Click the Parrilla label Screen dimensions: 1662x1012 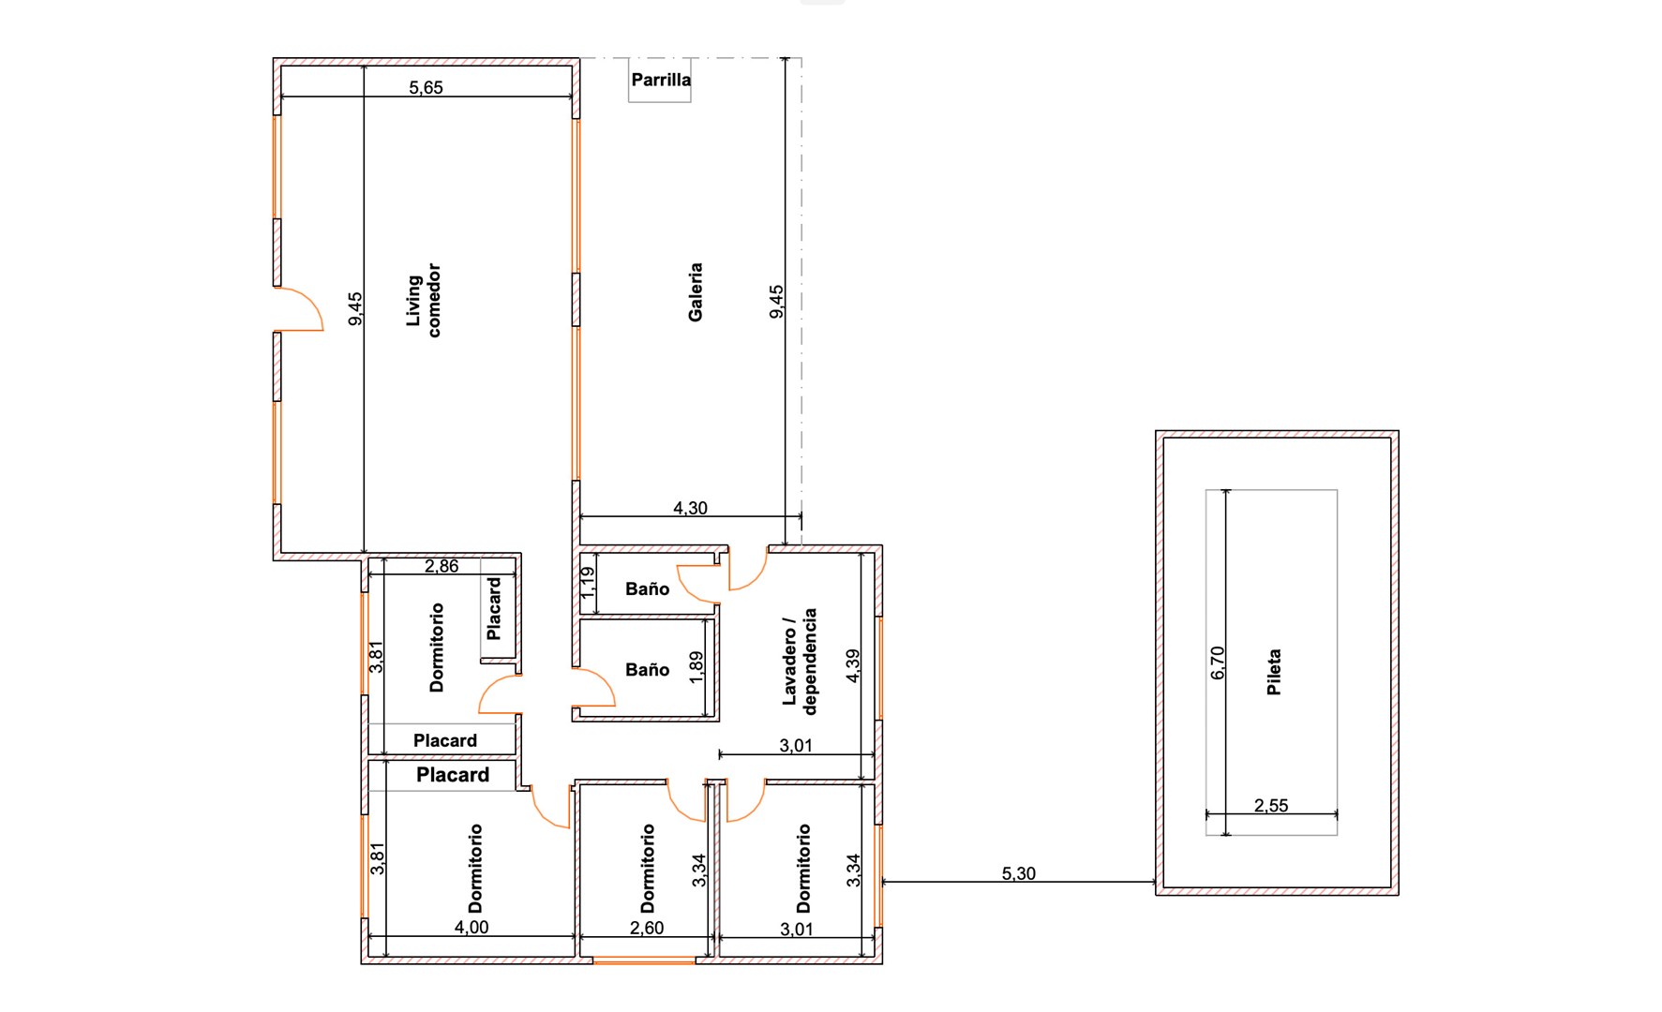(x=661, y=80)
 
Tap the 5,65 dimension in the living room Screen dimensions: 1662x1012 (x=426, y=87)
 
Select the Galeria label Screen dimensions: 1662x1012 (x=696, y=292)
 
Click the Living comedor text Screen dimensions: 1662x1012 (x=423, y=300)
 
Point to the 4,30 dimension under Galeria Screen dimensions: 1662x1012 (x=690, y=508)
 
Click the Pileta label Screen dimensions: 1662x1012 (x=1274, y=672)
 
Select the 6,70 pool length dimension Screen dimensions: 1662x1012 (x=1218, y=662)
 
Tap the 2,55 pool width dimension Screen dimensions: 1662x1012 (x=1271, y=805)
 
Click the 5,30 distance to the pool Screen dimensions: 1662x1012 (x=1019, y=873)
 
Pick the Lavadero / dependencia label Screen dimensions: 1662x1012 (x=800, y=662)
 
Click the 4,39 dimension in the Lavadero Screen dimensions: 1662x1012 (x=852, y=665)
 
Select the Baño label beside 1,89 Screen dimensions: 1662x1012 (x=647, y=669)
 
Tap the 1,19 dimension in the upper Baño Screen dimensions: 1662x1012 (x=588, y=583)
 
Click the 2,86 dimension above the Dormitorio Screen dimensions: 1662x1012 (x=442, y=566)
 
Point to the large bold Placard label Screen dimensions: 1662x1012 (x=453, y=775)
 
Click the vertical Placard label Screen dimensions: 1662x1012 (x=494, y=608)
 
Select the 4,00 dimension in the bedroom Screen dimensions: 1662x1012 (x=472, y=927)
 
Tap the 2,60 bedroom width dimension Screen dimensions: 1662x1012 (x=647, y=928)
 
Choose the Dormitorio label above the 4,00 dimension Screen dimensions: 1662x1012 (x=475, y=869)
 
